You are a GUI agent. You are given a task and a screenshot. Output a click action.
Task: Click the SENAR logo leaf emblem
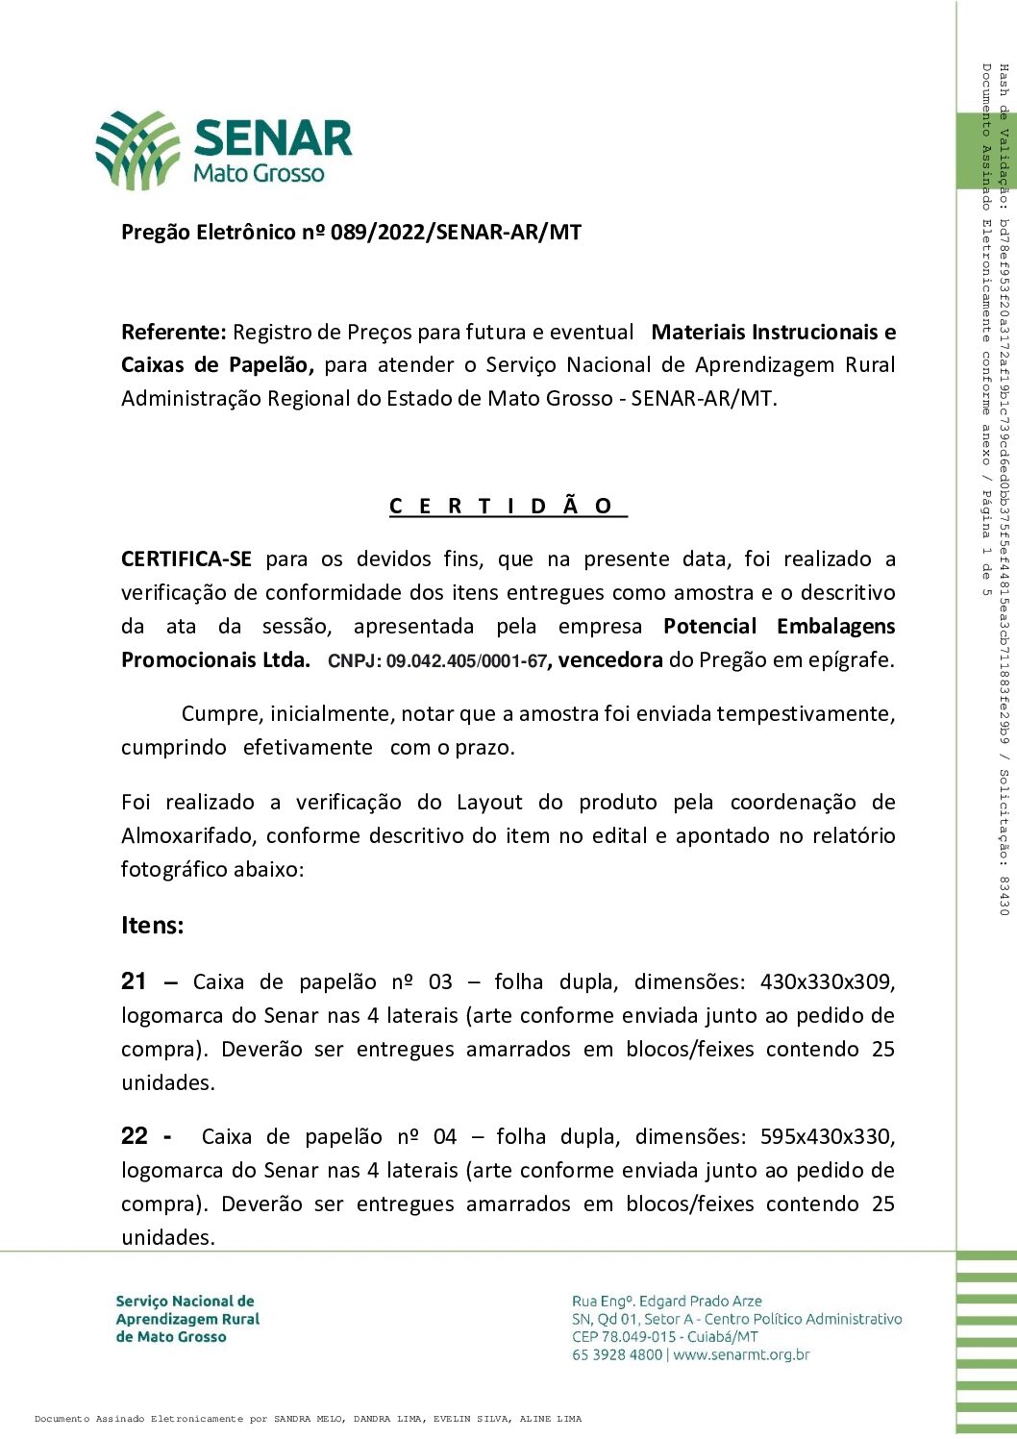point(137,149)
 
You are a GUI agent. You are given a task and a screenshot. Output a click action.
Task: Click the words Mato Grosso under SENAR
point(259,173)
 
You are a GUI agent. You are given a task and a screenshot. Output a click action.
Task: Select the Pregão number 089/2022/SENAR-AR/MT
point(456,233)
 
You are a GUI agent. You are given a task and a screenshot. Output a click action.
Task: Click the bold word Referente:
point(174,333)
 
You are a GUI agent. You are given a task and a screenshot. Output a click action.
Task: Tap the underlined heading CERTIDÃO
point(508,507)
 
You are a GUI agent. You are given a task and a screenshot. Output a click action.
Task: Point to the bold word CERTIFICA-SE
point(186,559)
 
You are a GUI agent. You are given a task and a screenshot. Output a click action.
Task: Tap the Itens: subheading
point(152,926)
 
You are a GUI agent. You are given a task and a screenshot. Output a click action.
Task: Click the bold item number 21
point(134,981)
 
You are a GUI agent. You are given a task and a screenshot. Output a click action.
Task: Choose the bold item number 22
point(134,1136)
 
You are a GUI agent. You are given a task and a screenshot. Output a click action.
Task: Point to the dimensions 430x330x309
point(827,982)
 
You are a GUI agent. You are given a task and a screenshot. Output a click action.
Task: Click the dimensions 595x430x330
point(827,1137)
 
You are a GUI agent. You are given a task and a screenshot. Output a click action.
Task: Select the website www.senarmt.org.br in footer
point(741,1355)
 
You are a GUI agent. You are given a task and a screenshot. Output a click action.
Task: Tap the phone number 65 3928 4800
point(617,1355)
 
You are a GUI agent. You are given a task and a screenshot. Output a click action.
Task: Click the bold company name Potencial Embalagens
point(779,627)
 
